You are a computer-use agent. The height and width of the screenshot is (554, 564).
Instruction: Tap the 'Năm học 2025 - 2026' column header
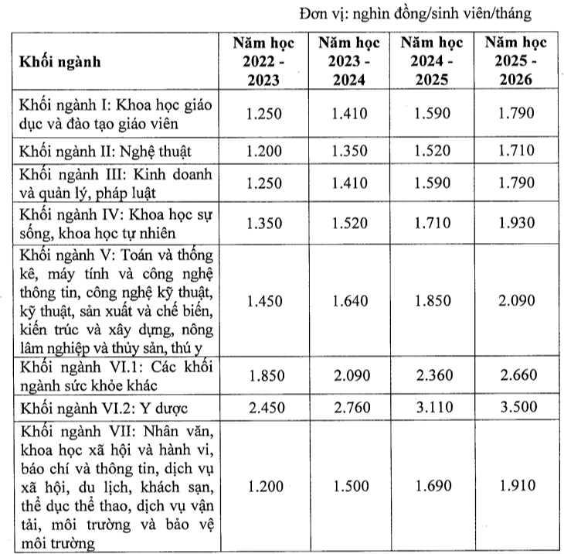(x=517, y=61)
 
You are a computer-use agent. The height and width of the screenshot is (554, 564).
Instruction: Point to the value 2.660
(x=517, y=375)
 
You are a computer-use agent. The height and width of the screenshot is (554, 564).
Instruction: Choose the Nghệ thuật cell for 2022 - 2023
(x=266, y=149)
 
